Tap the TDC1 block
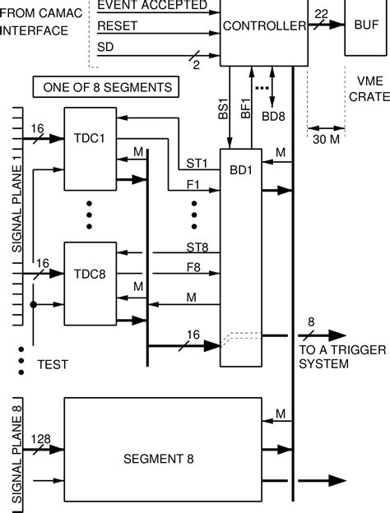[x=90, y=139]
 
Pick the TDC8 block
[x=90, y=274]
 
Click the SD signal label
[x=105, y=48]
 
